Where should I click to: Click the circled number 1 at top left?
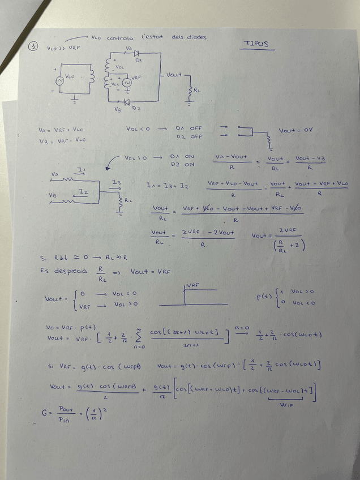pos(35,48)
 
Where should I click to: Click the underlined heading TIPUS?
pos(256,44)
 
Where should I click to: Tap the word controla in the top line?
pos(120,37)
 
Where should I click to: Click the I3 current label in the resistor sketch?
pos(116,182)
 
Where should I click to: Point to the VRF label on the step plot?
pos(193,285)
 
